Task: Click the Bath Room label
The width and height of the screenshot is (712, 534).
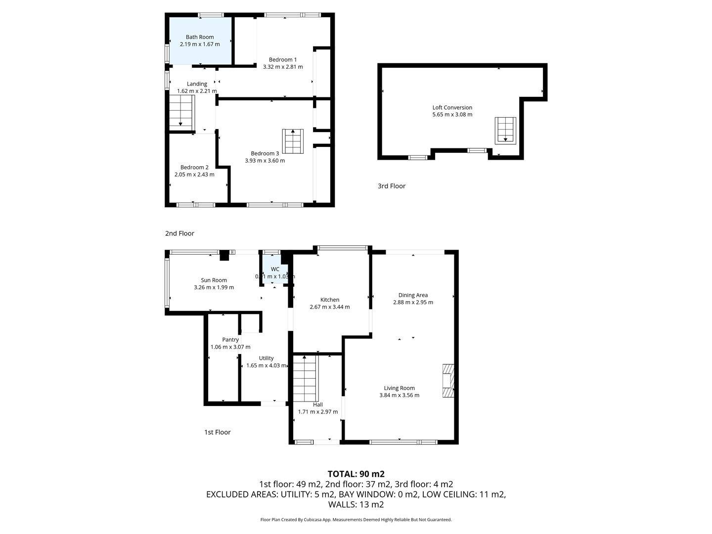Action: pyautogui.click(x=199, y=37)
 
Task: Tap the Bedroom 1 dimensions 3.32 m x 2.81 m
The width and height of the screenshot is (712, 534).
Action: pyautogui.click(x=282, y=67)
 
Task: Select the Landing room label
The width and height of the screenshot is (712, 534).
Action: pyautogui.click(x=197, y=84)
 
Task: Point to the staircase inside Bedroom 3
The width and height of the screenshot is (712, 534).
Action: pyautogui.click(x=293, y=141)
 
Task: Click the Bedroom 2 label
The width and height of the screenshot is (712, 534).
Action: pyautogui.click(x=194, y=167)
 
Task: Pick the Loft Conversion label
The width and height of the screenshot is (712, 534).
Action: pyautogui.click(x=452, y=107)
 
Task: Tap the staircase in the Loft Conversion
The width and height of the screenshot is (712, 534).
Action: pyautogui.click(x=505, y=131)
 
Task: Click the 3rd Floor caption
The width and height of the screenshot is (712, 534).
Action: pyautogui.click(x=392, y=186)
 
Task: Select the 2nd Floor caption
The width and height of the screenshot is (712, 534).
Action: pyautogui.click(x=179, y=233)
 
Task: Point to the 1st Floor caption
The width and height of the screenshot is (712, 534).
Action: pyautogui.click(x=218, y=432)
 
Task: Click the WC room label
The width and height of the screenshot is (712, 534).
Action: pyautogui.click(x=275, y=269)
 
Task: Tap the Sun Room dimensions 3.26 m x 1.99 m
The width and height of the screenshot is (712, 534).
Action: pyautogui.click(x=214, y=287)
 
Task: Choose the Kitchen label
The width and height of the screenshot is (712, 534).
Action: pyautogui.click(x=330, y=300)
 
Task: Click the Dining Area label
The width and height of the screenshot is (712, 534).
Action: pyautogui.click(x=413, y=295)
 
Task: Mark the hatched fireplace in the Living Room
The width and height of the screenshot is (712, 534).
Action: pyautogui.click(x=448, y=381)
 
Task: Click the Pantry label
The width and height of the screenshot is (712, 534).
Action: pyautogui.click(x=230, y=340)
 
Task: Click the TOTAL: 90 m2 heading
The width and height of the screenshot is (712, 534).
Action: pyautogui.click(x=356, y=474)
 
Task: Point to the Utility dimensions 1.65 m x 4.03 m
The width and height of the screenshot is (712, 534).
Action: pyautogui.click(x=267, y=365)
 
